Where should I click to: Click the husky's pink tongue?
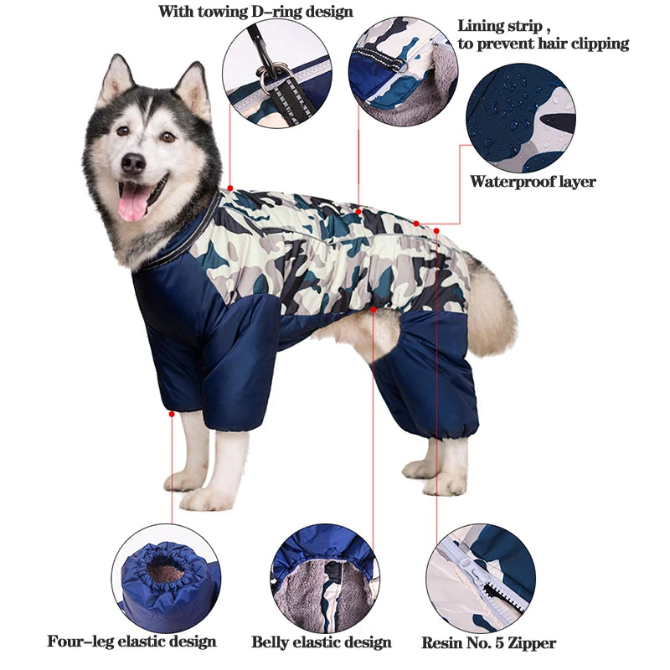132,202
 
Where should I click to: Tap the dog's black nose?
132,163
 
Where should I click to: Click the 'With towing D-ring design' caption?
255,13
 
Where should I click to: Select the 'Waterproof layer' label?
533,182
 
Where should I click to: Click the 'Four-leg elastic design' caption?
131,642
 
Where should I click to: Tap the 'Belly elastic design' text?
322,642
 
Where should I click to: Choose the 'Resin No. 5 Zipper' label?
489,643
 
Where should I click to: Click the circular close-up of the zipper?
479,578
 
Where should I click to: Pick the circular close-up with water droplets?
521,117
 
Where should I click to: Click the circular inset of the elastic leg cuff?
166,578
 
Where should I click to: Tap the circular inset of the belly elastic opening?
322,578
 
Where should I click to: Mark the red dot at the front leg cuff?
172,413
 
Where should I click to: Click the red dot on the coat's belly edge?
373,309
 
